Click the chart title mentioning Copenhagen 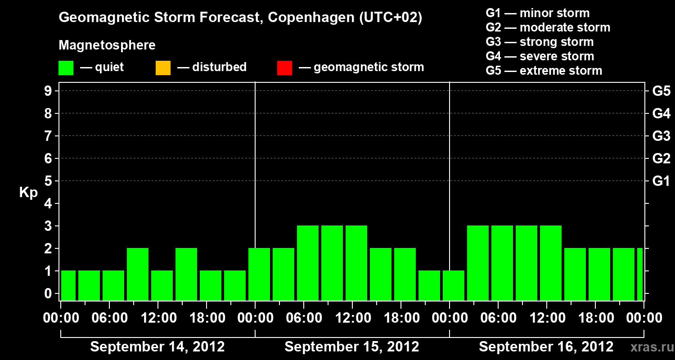(240, 18)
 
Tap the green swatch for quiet (66, 67)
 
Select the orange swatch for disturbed (163, 67)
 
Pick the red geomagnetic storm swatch (284, 67)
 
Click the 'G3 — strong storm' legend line (540, 42)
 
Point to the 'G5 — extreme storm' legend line (544, 71)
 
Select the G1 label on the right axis (661, 181)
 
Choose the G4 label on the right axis (661, 113)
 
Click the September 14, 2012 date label (157, 347)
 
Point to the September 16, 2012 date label (546, 347)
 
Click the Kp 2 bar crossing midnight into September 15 (259, 274)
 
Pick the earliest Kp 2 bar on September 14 (138, 274)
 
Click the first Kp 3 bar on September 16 (478, 263)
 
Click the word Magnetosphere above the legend (107, 45)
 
